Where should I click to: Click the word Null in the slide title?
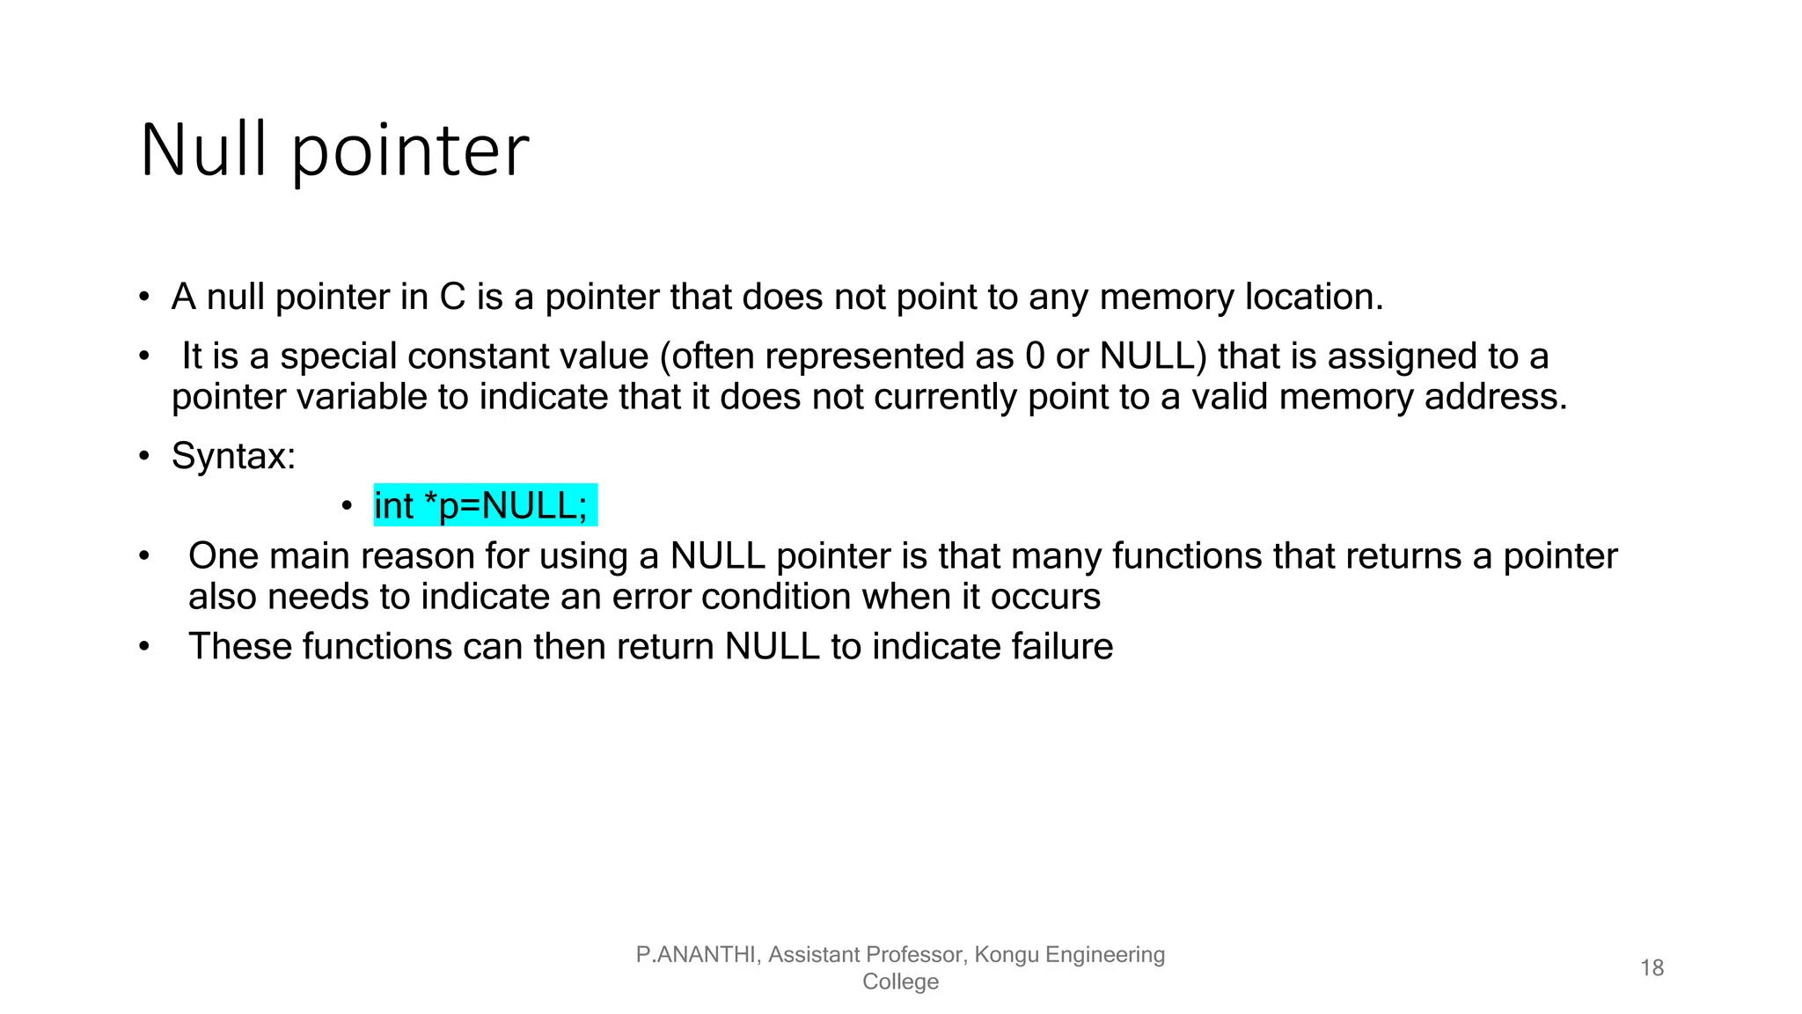(203, 151)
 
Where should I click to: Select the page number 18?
(1652, 968)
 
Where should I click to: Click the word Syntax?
(233, 456)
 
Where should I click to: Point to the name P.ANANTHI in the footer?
(697, 955)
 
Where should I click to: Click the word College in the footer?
(900, 982)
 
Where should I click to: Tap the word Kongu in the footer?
(1004, 955)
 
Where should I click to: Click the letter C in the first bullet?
(452, 298)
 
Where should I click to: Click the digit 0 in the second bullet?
(1036, 356)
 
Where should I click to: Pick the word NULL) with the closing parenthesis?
(1154, 356)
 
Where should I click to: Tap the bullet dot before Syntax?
(144, 457)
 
